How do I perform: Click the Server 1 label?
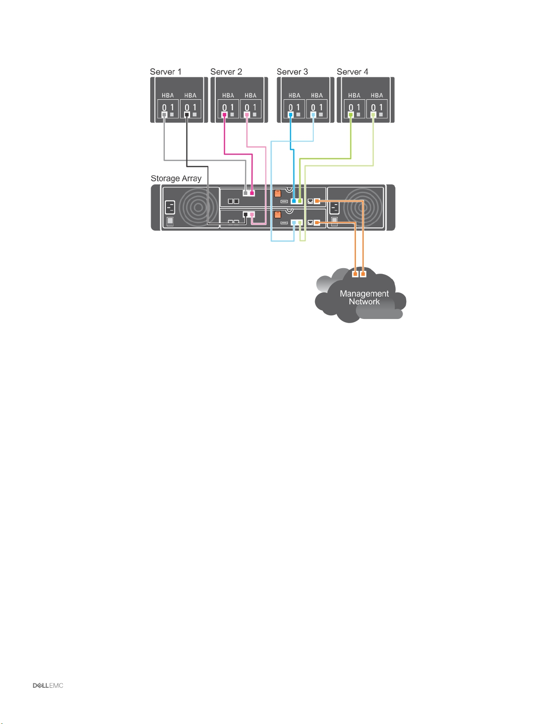point(165,72)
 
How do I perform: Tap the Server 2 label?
point(226,72)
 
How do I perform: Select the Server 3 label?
point(292,72)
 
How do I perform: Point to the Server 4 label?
point(352,72)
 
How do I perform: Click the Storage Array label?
point(176,178)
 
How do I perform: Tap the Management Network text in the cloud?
point(364,297)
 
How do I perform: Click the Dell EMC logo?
point(48,686)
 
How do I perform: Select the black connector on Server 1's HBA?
point(187,114)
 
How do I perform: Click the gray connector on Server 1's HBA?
point(164,114)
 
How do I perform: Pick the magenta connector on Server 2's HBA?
point(224,114)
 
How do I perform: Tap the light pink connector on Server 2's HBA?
point(247,114)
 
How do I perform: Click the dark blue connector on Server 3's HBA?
point(291,114)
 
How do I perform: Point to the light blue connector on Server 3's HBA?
point(313,114)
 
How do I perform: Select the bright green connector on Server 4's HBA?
point(351,114)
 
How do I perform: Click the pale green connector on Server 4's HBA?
point(373,114)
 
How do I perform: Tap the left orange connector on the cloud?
point(355,274)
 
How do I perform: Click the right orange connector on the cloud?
point(363,274)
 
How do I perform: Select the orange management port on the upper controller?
point(317,201)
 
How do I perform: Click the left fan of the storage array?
point(198,208)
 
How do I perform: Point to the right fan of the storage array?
point(362,207)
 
